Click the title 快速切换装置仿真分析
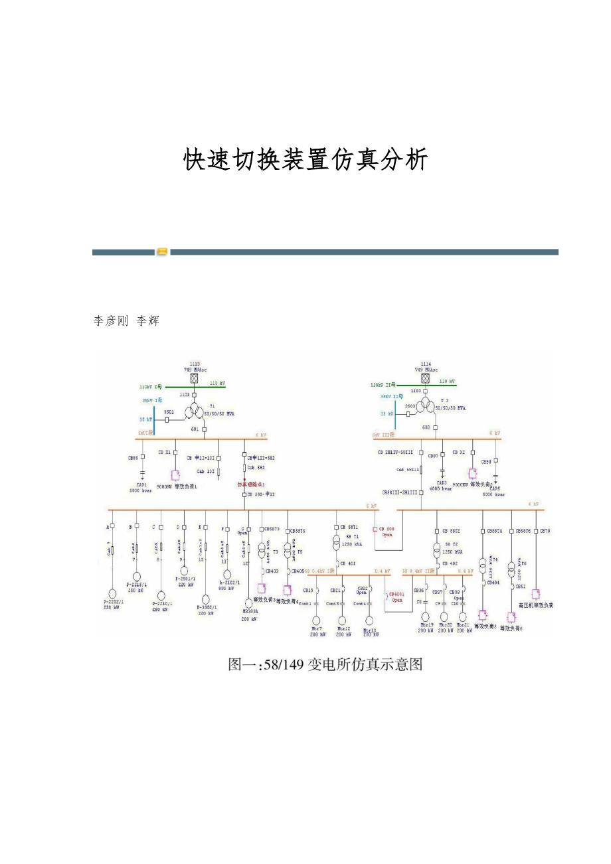point(305,160)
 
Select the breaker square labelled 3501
point(167,420)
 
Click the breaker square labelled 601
point(205,429)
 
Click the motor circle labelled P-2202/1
point(113,593)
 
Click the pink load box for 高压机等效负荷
point(535,593)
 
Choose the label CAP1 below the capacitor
point(142,484)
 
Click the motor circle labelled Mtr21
point(464,617)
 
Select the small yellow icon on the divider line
point(162,252)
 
